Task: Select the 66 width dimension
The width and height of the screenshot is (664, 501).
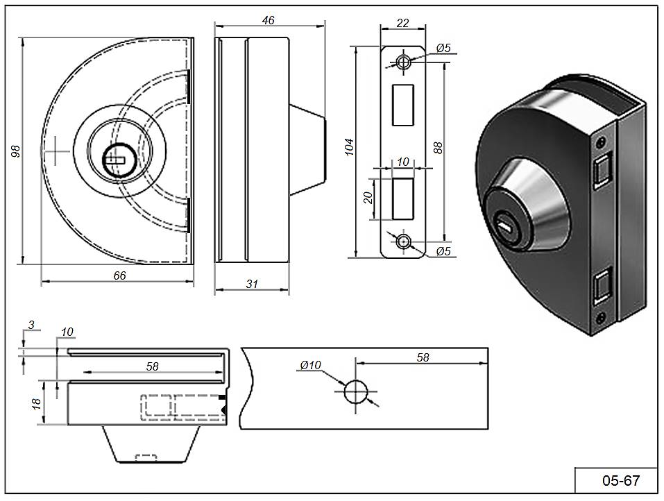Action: click(x=119, y=275)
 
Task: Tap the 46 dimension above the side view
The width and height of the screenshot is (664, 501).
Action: click(x=269, y=20)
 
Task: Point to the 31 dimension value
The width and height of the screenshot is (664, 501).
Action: click(x=251, y=284)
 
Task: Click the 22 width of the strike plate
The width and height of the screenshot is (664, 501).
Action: click(x=402, y=22)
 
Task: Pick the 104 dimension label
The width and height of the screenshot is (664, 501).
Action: click(x=350, y=147)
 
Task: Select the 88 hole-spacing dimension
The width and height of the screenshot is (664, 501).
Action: click(x=438, y=147)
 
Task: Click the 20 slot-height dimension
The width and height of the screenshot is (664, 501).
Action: click(x=369, y=197)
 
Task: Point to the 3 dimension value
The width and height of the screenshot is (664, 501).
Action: click(x=30, y=324)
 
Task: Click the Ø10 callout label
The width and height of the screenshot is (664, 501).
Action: click(x=310, y=365)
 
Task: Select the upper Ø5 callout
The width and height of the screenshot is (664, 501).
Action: click(x=444, y=48)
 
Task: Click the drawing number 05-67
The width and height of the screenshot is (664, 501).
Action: click(x=620, y=480)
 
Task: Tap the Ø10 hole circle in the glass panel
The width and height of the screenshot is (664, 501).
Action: click(x=356, y=392)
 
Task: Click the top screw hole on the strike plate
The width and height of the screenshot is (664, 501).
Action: click(x=403, y=61)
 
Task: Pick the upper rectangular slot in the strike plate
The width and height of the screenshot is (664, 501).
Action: click(x=403, y=105)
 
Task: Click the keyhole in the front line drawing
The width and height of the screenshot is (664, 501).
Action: click(x=114, y=160)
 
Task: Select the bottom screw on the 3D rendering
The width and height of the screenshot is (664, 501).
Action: click(x=599, y=320)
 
